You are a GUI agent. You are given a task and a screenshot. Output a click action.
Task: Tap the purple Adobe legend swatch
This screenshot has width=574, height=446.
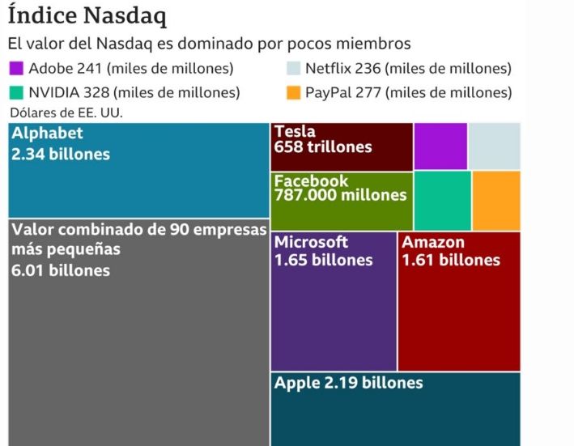16,69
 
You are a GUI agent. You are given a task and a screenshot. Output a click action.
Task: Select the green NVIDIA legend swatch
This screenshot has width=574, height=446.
16,92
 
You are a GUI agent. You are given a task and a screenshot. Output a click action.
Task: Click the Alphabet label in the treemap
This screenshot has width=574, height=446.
47,134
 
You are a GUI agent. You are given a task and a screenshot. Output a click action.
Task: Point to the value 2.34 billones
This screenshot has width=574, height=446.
61,153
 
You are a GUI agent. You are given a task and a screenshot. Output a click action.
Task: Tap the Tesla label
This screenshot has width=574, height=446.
295,132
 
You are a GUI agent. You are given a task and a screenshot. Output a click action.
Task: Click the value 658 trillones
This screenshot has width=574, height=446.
323,147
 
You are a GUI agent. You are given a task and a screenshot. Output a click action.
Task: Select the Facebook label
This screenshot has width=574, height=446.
311,181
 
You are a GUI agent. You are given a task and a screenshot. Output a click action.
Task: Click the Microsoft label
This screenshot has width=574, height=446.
311,242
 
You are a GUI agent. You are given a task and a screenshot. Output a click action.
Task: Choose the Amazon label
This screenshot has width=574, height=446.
433,242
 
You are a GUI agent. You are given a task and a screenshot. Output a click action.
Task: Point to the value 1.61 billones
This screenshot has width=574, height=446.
451,260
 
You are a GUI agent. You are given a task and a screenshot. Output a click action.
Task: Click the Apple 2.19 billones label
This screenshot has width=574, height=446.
348,383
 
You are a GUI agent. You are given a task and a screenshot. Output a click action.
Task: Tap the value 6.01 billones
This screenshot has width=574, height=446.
61,270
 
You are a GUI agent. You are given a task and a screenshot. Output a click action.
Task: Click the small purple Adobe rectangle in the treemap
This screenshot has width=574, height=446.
440,146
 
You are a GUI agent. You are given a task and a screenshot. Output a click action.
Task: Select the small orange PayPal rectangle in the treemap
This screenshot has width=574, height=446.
496,200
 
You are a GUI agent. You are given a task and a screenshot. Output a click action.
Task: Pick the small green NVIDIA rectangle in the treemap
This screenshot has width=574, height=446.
442,200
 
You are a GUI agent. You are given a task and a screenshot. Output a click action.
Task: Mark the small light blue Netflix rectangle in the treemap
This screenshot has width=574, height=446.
495,146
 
